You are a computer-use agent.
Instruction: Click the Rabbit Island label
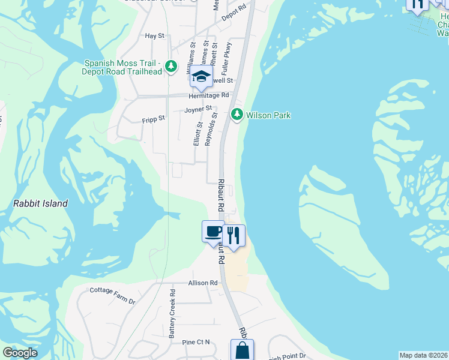tap(40, 203)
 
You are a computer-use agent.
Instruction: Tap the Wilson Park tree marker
tap(238, 114)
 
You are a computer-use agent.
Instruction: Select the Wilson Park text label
tap(268, 115)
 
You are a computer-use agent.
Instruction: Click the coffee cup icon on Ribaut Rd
tap(213, 232)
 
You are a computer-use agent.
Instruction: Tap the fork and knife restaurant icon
tap(234, 236)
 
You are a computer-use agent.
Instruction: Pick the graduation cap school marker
tap(202, 77)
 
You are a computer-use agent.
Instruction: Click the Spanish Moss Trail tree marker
tap(172, 66)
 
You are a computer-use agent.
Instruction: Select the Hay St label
tap(155, 36)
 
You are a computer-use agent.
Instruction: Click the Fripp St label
tap(154, 119)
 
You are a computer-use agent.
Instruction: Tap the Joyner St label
tap(198, 110)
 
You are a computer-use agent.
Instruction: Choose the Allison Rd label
tap(202, 283)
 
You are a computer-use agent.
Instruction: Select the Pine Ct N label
tap(197, 342)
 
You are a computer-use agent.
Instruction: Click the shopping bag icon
tap(242, 351)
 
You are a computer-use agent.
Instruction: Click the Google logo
tap(20, 353)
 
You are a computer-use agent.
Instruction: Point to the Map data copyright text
tap(424, 355)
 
